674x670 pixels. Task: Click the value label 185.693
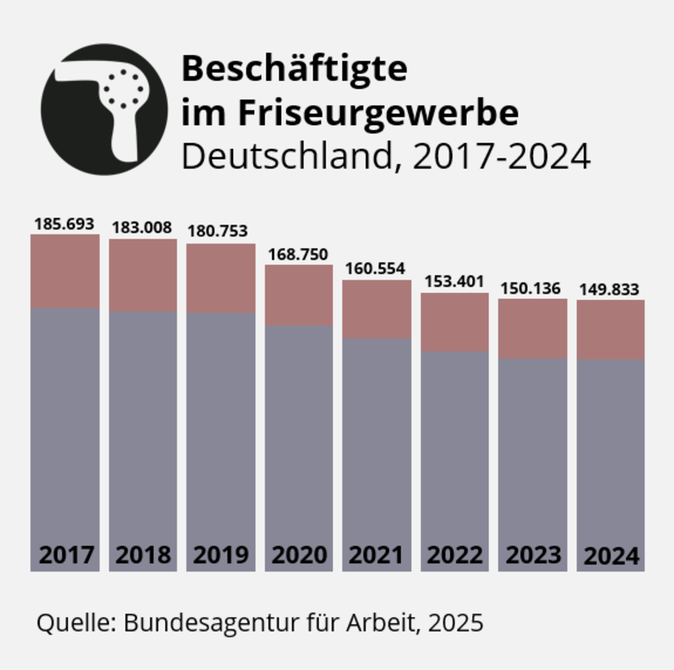pos(65,224)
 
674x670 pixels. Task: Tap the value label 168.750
pos(298,254)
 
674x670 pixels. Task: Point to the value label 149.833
pos(609,290)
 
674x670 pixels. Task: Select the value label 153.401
pos(455,281)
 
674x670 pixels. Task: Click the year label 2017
pos(66,555)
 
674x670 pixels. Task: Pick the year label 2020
pos(299,555)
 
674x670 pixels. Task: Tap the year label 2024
pos(611,556)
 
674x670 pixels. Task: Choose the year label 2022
pos(455,555)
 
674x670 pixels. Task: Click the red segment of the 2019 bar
pos(221,278)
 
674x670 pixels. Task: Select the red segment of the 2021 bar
pos(377,309)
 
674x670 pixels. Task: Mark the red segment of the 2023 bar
pos(533,328)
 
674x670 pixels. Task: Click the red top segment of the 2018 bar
pos(143,275)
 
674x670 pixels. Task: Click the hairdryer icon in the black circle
pos(104,109)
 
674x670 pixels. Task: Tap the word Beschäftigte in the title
pos(294,69)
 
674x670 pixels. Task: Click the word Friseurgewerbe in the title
pos(378,113)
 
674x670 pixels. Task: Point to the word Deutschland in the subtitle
pos(288,156)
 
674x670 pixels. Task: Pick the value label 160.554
pos(375,268)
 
